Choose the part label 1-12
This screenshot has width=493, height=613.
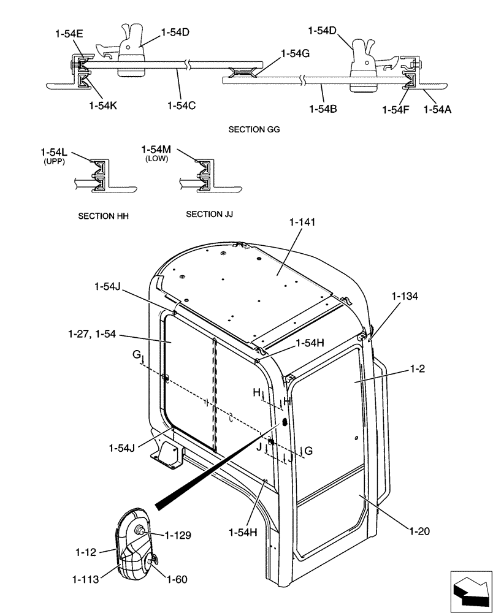point(86,552)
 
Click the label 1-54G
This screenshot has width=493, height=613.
point(295,54)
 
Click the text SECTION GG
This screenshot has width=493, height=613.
point(254,130)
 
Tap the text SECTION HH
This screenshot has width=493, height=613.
point(104,216)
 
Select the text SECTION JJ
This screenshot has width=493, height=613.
point(209,214)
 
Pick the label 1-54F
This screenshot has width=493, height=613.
point(395,110)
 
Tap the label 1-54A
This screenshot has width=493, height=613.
point(438,110)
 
